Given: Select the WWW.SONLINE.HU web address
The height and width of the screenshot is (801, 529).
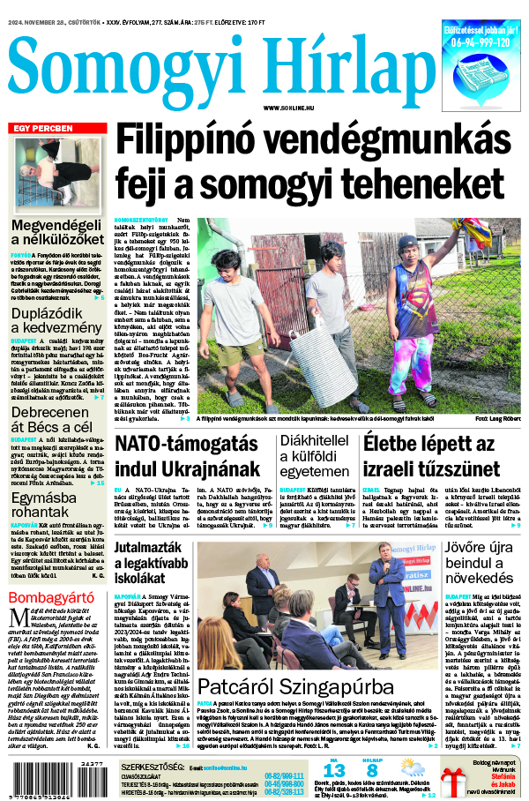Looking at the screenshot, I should coord(286,107).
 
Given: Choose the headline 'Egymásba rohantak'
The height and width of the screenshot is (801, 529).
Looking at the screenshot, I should coord(48,504).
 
